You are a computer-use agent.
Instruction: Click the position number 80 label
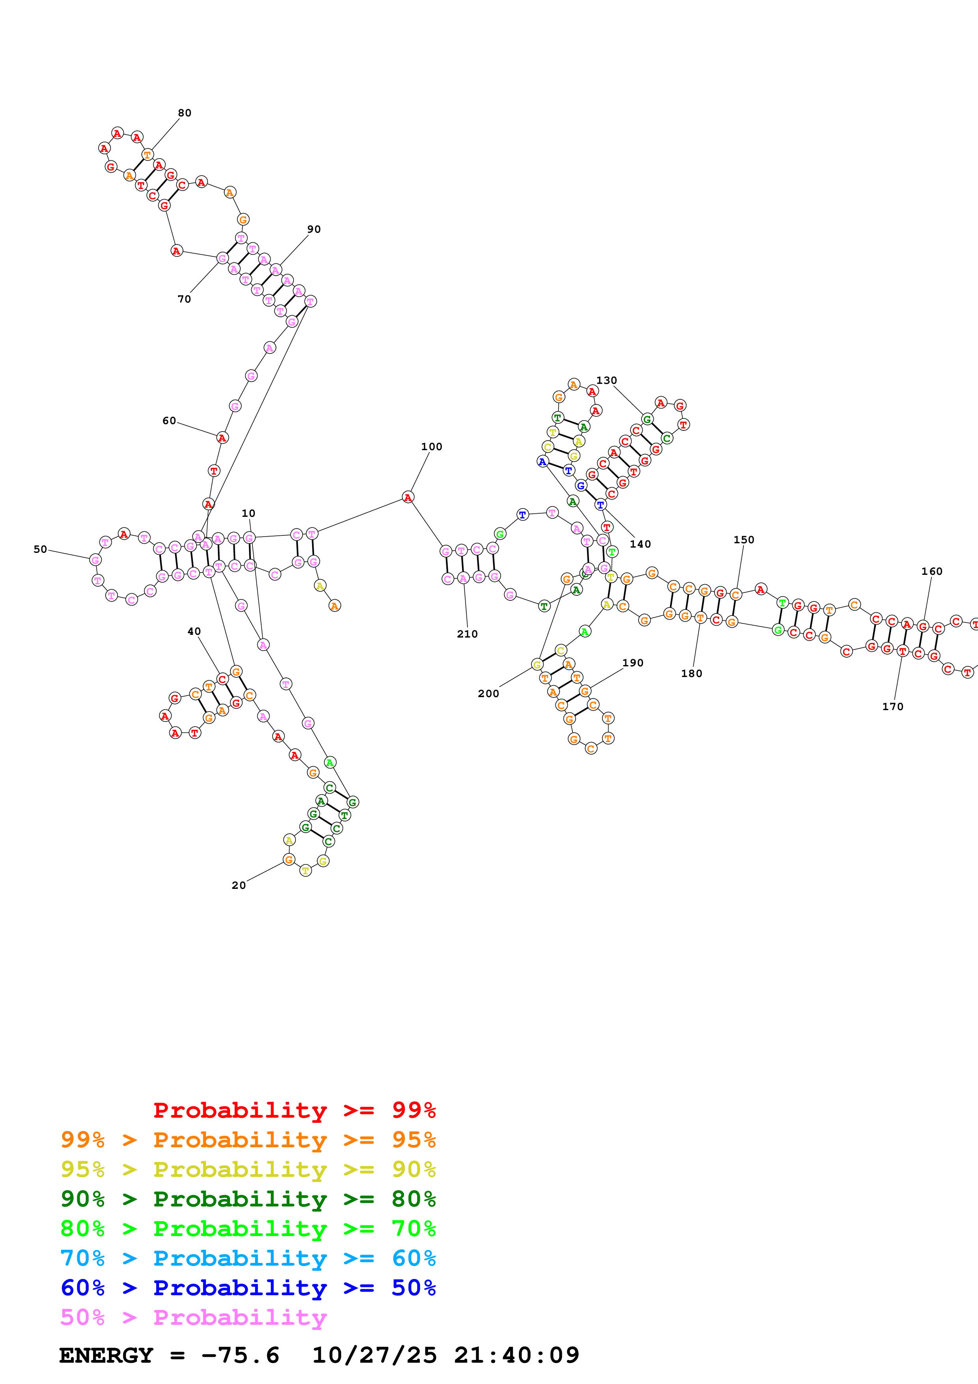pyautogui.click(x=184, y=113)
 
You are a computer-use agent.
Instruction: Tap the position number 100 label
pyautogui.click(x=432, y=447)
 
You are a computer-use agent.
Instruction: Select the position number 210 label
pyautogui.click(x=467, y=634)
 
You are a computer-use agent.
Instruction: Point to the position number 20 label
pyautogui.click(x=239, y=885)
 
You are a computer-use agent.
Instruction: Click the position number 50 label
pyautogui.click(x=40, y=549)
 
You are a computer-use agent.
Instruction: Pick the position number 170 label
pyautogui.click(x=892, y=707)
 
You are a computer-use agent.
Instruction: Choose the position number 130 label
pyautogui.click(x=606, y=380)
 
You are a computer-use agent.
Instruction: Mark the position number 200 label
pyautogui.click(x=488, y=694)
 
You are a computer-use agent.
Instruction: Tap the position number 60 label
pyautogui.click(x=169, y=421)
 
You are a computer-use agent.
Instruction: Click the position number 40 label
pyautogui.click(x=194, y=631)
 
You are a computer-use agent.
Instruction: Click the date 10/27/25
pyautogui.click(x=374, y=1355)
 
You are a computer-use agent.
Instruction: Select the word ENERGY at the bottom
pyautogui.click(x=106, y=1355)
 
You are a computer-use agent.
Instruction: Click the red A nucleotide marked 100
pyautogui.click(x=408, y=497)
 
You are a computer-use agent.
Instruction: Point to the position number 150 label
pyautogui.click(x=744, y=539)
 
